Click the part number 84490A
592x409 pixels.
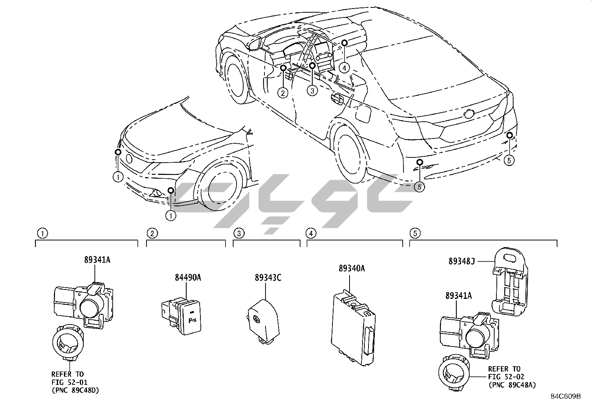188,277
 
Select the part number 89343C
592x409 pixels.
268,277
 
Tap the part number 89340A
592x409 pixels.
351,268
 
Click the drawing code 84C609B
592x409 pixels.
566,396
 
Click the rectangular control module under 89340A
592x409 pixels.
353,327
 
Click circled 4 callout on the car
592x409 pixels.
345,68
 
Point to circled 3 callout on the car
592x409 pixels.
312,90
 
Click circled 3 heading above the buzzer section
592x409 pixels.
239,233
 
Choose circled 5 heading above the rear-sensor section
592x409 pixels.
415,233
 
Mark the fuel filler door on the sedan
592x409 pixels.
363,113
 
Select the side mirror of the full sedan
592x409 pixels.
255,44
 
